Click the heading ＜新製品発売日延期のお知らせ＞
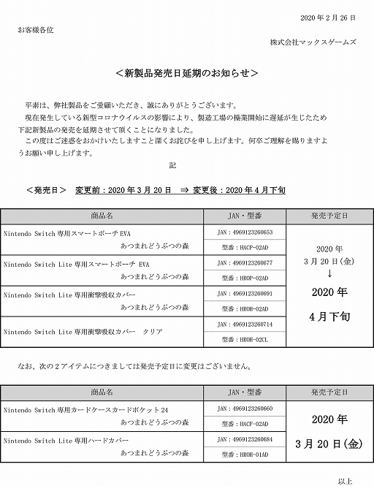187,75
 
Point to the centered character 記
172,166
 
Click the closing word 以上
346,480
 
